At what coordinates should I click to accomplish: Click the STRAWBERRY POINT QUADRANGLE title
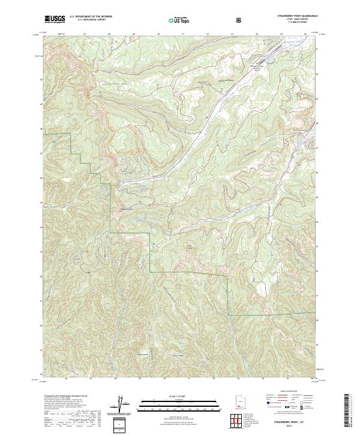(x=297, y=17)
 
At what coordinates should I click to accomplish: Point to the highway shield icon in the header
(x=240, y=20)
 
